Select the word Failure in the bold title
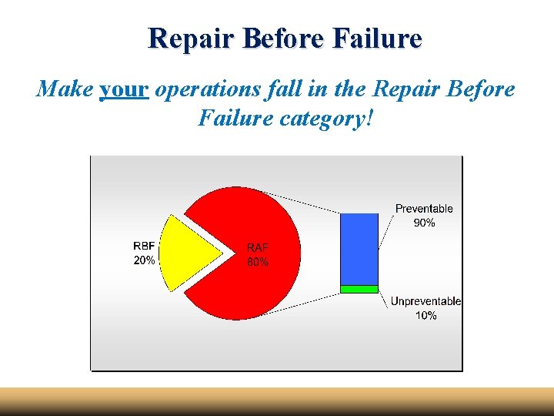coord(378,38)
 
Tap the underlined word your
coord(123,89)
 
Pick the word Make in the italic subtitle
coord(65,89)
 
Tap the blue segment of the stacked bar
coord(359,248)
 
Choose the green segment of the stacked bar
coord(359,289)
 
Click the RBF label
coord(144,246)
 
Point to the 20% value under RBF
coord(144,260)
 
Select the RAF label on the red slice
coord(258,247)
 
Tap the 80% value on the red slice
coord(258,262)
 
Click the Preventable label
coord(424,209)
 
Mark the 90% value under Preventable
coord(424,223)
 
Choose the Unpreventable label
coord(426,301)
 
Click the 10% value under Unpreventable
coord(425,315)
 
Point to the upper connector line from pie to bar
coord(308,203)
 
